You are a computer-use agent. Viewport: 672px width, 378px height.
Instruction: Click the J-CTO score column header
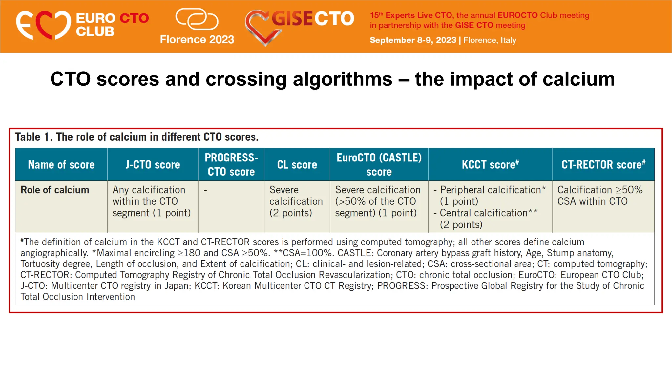pos(153,164)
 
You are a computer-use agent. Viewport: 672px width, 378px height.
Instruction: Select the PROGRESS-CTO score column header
pos(231,164)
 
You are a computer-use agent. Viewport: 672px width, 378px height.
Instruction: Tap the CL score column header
pos(297,164)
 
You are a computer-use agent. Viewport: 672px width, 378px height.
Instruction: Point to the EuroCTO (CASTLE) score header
pos(379,164)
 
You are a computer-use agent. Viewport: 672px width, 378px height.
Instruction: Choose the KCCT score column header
pos(490,164)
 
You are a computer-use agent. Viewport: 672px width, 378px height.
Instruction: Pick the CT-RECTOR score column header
pos(603,164)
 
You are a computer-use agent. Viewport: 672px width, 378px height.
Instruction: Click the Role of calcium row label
pos(55,190)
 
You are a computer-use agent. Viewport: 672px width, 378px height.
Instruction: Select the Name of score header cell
pos(61,164)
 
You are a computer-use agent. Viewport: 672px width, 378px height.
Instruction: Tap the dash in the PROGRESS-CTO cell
pos(205,190)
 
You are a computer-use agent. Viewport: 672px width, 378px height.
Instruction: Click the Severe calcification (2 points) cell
pos(296,201)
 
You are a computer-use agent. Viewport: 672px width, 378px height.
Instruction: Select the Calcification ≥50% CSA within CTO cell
pos(599,196)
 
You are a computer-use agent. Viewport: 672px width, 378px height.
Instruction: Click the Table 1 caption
pos(137,137)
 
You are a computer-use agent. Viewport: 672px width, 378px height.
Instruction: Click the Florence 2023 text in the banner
pos(197,39)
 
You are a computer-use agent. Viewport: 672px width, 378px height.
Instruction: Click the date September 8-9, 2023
pos(413,40)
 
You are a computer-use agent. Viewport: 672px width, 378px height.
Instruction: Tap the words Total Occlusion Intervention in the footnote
pos(78,297)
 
